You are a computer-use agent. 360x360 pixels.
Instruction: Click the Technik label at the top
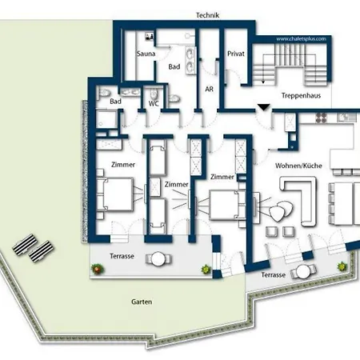pos(207,15)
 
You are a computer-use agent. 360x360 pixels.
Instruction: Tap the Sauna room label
pos(146,54)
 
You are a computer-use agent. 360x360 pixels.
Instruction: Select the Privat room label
pos(236,54)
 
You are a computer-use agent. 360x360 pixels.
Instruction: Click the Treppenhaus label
pos(301,95)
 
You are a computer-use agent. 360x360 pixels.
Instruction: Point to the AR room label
pos(210,89)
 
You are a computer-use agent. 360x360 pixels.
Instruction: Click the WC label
pos(154,104)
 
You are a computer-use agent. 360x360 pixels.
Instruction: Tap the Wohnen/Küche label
pos(298,166)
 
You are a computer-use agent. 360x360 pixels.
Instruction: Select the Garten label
pos(142,302)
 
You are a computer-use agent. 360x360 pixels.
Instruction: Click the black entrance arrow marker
pos(264,107)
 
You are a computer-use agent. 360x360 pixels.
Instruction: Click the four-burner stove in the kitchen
pos(321,118)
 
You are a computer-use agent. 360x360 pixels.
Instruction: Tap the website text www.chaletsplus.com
pos(301,39)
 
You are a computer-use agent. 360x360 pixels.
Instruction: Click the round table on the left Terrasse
pos(158,259)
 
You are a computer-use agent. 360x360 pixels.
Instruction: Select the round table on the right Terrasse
pos(303,271)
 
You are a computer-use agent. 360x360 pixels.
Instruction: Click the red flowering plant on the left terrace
pos(96,269)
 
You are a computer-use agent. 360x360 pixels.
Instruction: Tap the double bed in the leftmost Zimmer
pos(114,194)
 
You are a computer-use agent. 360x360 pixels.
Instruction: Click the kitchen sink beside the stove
pos(346,118)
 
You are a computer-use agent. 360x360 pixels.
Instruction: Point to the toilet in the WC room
pos(154,94)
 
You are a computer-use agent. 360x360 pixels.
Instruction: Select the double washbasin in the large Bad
pos(190,60)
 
